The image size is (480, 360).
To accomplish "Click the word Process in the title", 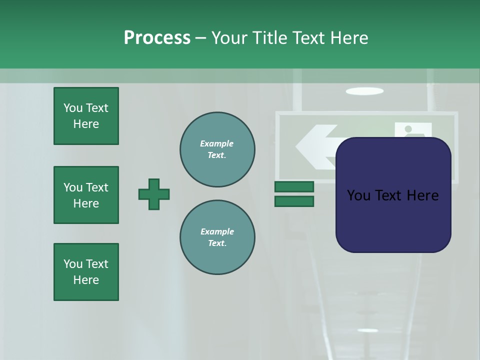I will pos(157,38).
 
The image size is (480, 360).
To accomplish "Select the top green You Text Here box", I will pos(86,116).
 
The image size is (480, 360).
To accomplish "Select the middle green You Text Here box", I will pos(86,195).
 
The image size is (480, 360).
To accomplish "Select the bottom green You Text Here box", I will pos(86,272).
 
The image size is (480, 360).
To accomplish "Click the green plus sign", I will pos(154,194).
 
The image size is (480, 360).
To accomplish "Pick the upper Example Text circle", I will pos(217,149).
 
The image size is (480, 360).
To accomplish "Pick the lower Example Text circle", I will pos(217,237).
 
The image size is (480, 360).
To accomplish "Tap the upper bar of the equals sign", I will pos(294,186).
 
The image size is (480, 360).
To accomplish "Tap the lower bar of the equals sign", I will pos(294,201).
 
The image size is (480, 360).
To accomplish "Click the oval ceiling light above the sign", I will pos(364,91).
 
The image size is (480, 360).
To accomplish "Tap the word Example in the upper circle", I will pos(216,143).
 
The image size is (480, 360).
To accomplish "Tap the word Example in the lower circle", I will pos(217,231).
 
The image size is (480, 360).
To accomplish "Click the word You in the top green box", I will pos(73,108).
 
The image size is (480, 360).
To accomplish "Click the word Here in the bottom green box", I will pos(86,280).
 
